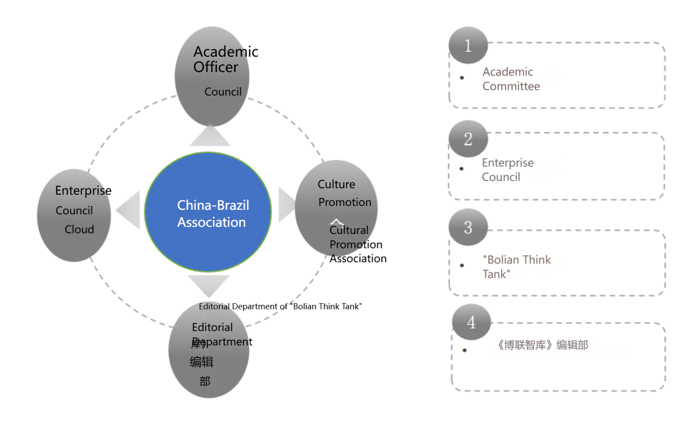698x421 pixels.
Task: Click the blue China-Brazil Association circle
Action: pyautogui.click(x=208, y=212)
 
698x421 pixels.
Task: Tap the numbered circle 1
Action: pyautogui.click(x=468, y=45)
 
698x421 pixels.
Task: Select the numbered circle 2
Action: pyautogui.click(x=468, y=139)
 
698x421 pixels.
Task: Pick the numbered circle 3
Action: pyautogui.click(x=468, y=227)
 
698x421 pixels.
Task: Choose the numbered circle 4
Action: pyautogui.click(x=471, y=322)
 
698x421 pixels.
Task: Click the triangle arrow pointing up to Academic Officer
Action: pyautogui.click(x=210, y=136)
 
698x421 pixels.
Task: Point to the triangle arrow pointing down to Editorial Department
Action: pyautogui.click(x=209, y=285)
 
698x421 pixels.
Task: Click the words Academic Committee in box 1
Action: pyautogui.click(x=511, y=79)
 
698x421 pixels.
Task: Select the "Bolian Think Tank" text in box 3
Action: pyautogui.click(x=517, y=267)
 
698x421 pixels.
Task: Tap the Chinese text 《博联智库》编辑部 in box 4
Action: pyautogui.click(x=543, y=345)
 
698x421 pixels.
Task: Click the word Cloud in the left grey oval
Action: pyautogui.click(x=79, y=229)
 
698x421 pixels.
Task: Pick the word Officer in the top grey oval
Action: pyautogui.click(x=216, y=67)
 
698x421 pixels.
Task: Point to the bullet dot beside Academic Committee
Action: pyautogui.click(x=462, y=78)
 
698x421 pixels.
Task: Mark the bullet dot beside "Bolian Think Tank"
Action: pyautogui.click(x=462, y=265)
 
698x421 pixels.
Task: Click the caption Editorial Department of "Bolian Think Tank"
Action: pyautogui.click(x=280, y=306)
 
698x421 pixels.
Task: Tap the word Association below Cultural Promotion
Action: pyautogui.click(x=358, y=259)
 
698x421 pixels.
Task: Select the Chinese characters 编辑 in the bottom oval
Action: pyautogui.click(x=202, y=362)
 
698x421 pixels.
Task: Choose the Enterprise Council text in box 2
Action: pyautogui.click(x=507, y=170)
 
